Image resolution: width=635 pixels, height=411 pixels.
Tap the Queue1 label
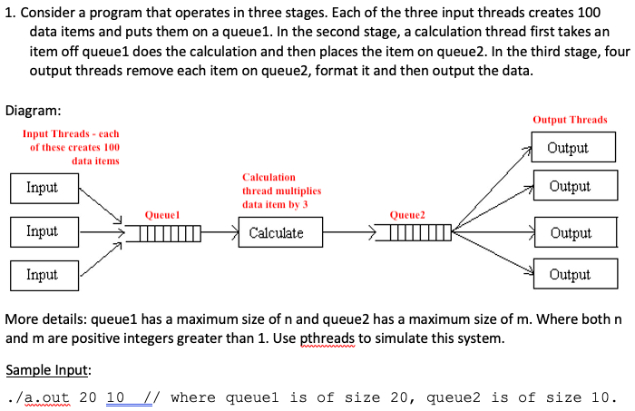161,215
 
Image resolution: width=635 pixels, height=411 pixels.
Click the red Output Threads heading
570,120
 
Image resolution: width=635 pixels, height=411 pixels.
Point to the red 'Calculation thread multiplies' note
281,191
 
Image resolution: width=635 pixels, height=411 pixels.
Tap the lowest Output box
569,274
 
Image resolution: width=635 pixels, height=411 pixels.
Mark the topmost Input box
43,188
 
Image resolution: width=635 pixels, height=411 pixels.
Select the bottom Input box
43,274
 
